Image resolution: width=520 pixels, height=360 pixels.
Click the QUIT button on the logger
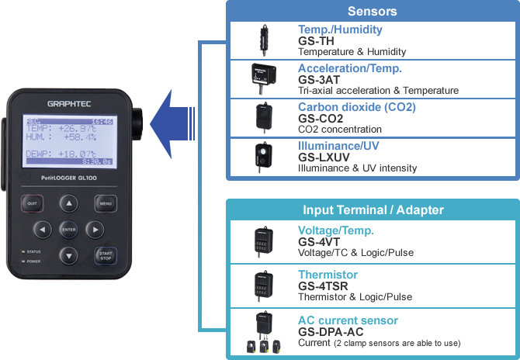point(33,204)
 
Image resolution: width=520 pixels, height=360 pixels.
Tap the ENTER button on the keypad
point(69,230)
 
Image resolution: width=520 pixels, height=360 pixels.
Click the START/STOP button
point(105,254)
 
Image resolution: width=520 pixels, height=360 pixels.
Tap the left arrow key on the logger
point(43,230)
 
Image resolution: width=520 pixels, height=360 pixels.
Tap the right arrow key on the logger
point(95,230)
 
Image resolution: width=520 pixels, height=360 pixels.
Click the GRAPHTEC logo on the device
point(69,103)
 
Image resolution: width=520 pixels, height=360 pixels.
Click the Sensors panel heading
point(372,12)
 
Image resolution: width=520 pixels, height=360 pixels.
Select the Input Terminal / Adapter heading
point(372,210)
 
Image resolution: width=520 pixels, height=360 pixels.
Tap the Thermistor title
point(328,275)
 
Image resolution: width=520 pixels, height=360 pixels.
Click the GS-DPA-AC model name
point(331,331)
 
